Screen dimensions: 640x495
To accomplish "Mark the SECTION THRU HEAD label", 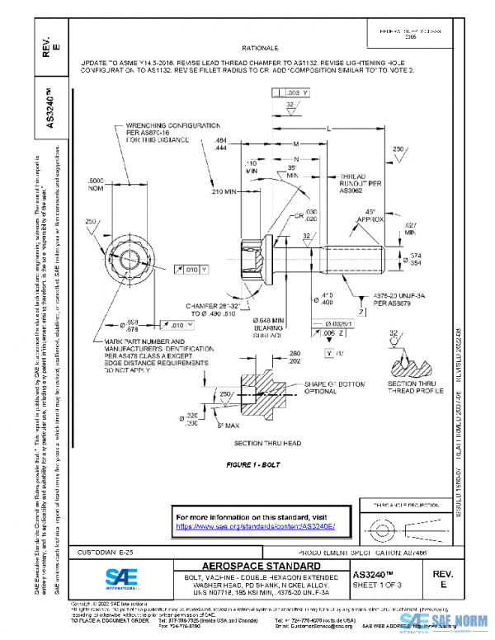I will (x=262, y=443).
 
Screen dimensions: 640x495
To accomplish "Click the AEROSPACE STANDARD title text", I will (x=251, y=567).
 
